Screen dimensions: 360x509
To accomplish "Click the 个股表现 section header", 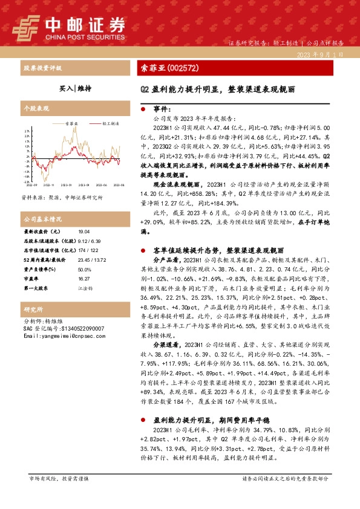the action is [x=35, y=108].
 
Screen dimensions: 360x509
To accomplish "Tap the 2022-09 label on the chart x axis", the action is [x=31, y=186].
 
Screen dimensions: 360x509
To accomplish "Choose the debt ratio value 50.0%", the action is [x=84, y=270].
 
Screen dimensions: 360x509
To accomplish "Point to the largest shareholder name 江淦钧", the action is [x=85, y=289].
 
